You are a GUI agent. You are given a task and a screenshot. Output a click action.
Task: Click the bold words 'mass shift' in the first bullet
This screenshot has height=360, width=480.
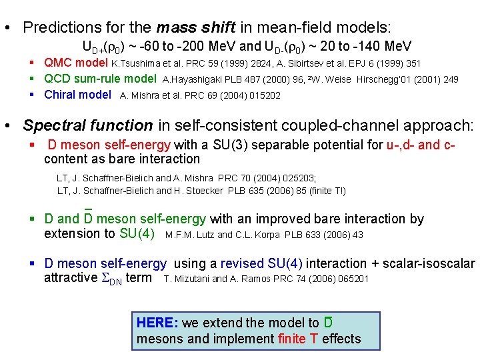(195, 28)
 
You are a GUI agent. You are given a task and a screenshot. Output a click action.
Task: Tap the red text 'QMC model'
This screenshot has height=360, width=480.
(76, 63)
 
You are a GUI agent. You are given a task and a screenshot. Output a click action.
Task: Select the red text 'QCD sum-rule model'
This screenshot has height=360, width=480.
(100, 79)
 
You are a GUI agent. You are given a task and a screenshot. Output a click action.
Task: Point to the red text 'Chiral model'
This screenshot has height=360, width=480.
(77, 95)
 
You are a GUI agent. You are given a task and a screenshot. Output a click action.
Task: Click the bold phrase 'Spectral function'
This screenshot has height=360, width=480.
(88, 125)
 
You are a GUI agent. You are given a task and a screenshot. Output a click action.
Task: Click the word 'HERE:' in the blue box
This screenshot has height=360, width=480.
(157, 323)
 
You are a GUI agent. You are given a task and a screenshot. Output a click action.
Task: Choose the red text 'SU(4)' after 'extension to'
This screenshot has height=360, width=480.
(137, 234)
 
